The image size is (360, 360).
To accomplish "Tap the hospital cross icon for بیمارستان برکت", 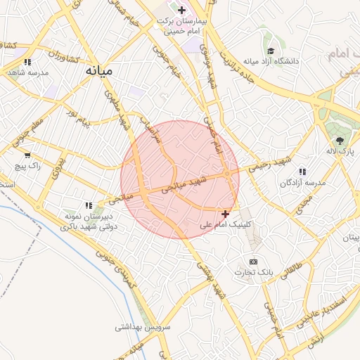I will (x=182, y=10).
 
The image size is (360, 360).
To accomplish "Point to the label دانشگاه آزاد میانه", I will (x=271, y=61).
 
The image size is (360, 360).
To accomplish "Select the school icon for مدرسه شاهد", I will (x=27, y=62).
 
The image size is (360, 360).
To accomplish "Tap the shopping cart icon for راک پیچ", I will (x=27, y=155).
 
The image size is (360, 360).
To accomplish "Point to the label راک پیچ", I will (x=30, y=166).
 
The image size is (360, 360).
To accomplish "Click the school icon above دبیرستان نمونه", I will (x=89, y=205).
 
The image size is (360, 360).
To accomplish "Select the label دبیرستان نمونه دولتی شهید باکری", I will (x=89, y=221).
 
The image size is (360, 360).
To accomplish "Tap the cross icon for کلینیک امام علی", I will (x=225, y=214).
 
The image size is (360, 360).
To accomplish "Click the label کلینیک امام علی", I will (x=225, y=226).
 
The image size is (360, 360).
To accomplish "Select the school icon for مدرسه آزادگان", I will (x=302, y=172).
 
